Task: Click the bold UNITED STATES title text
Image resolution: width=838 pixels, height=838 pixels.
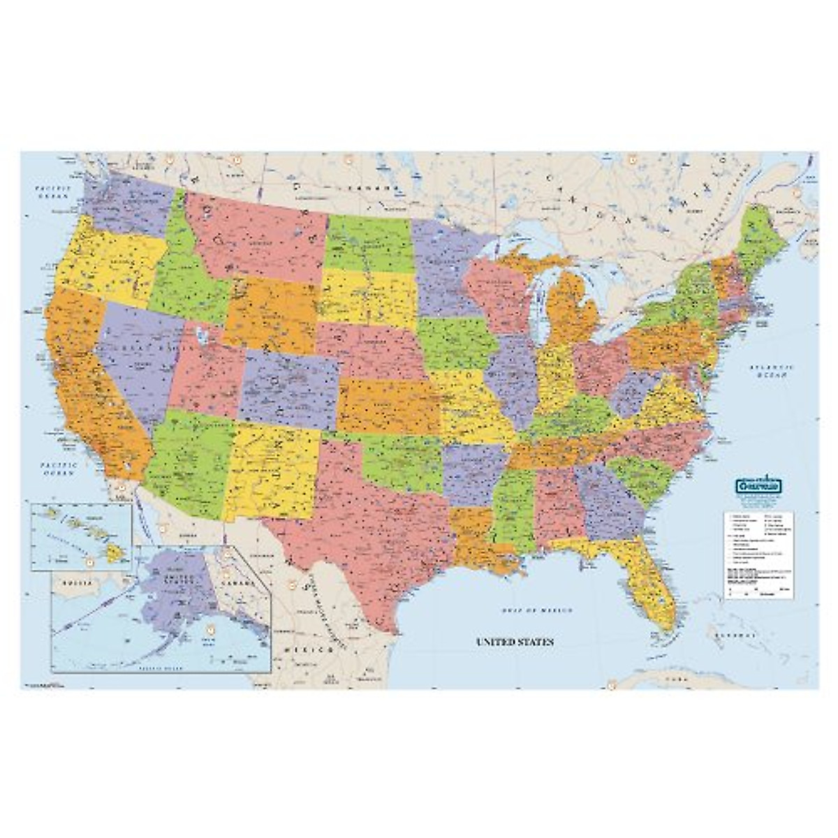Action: (515, 641)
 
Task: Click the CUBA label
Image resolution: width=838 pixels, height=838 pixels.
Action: (673, 678)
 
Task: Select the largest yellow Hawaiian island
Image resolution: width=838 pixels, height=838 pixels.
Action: (115, 552)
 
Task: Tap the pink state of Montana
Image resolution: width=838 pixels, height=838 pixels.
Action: (258, 234)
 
